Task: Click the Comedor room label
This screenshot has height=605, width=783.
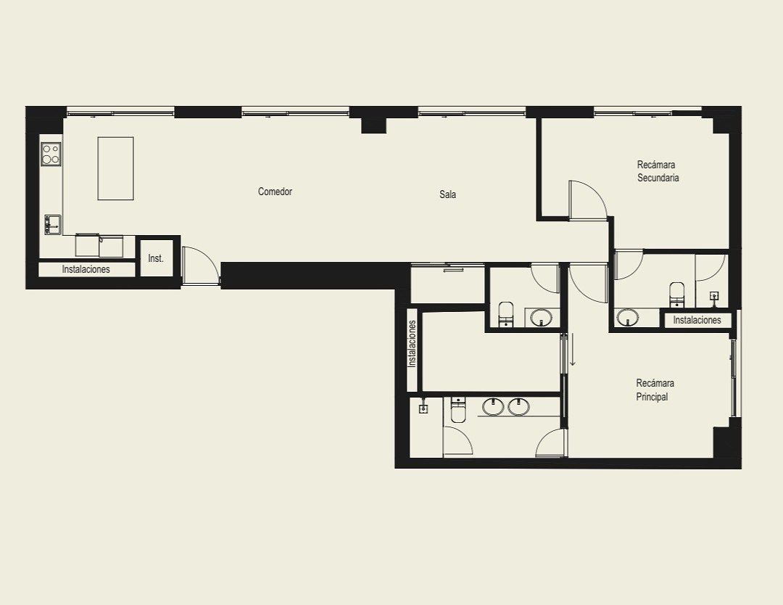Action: click(x=275, y=192)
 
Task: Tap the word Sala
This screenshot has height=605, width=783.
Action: click(x=447, y=194)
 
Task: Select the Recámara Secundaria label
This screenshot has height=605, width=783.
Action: click(x=658, y=171)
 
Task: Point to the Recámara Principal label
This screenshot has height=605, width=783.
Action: click(x=655, y=390)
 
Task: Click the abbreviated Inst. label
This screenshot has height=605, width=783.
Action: click(x=156, y=258)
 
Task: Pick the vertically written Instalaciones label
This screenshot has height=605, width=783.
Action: click(x=412, y=344)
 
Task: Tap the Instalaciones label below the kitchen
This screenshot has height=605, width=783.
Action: click(x=86, y=269)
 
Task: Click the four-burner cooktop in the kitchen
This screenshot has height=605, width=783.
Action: click(x=51, y=154)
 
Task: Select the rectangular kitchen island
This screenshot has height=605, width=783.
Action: click(x=115, y=168)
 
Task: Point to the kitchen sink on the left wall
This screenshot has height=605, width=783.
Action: click(x=52, y=224)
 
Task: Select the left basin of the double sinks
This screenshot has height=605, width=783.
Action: click(x=493, y=407)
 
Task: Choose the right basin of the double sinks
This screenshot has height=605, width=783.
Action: click(x=519, y=407)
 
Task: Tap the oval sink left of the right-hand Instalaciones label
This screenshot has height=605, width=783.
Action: click(x=627, y=318)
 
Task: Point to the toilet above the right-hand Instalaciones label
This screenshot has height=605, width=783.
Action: click(x=676, y=294)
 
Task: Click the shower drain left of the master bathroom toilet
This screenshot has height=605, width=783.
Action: click(x=423, y=408)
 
